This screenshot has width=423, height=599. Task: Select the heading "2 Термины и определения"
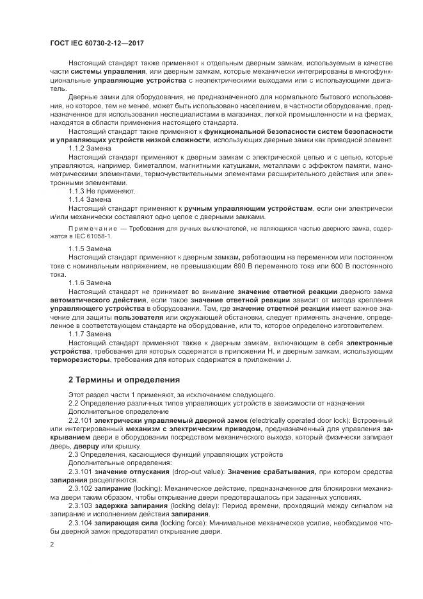tap(119, 379)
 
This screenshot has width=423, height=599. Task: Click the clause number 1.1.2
tap(77, 148)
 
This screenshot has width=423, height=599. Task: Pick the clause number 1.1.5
tap(77, 248)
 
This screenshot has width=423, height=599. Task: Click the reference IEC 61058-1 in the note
tap(87, 236)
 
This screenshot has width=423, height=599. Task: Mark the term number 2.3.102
tap(81, 488)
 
